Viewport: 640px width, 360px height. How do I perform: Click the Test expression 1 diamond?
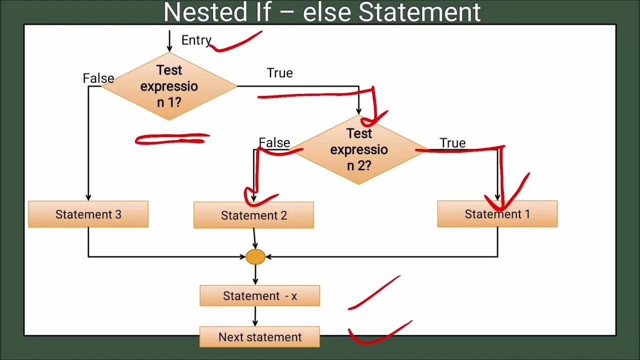(x=169, y=86)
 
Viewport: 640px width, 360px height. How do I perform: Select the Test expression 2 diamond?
(x=359, y=149)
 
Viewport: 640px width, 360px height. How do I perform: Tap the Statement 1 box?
(x=497, y=214)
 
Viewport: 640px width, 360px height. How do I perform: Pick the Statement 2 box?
(x=253, y=215)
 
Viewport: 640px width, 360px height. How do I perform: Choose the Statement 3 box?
(x=88, y=214)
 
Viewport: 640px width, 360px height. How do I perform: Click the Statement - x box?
(x=259, y=296)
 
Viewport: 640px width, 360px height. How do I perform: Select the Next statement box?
(x=259, y=337)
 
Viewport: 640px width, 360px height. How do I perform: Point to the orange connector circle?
(x=255, y=257)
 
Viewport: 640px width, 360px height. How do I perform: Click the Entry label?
(x=196, y=40)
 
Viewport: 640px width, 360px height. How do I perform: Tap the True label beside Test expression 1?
(x=279, y=73)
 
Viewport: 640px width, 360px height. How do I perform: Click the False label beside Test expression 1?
(x=98, y=78)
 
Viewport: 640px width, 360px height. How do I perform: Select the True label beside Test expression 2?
(x=452, y=143)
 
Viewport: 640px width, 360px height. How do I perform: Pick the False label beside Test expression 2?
(x=274, y=142)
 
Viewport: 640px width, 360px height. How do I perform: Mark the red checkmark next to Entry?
(x=235, y=43)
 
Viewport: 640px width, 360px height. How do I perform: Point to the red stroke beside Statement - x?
(x=374, y=292)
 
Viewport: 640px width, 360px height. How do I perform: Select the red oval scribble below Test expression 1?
(x=172, y=139)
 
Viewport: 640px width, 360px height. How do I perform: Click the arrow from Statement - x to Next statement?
(x=255, y=316)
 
